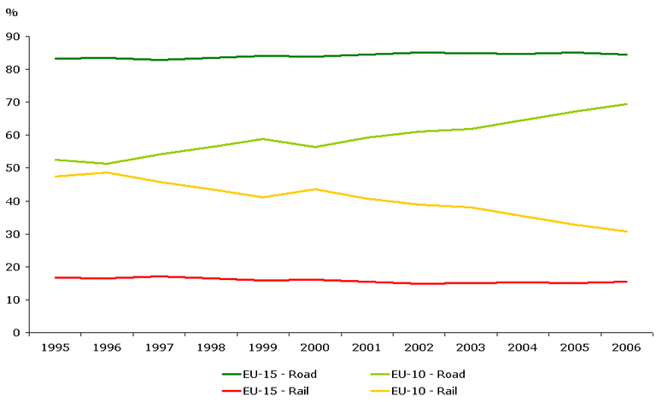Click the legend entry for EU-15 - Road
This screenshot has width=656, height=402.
(x=271, y=374)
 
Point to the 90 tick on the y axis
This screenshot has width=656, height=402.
(x=13, y=37)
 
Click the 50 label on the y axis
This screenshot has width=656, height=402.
(x=13, y=168)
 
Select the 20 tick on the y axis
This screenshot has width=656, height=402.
(x=13, y=267)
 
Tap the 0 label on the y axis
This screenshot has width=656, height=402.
(x=16, y=333)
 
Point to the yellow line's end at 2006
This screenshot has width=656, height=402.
(x=626, y=231)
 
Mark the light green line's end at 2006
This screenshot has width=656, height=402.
(x=626, y=104)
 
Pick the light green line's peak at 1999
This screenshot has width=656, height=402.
(x=263, y=138)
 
